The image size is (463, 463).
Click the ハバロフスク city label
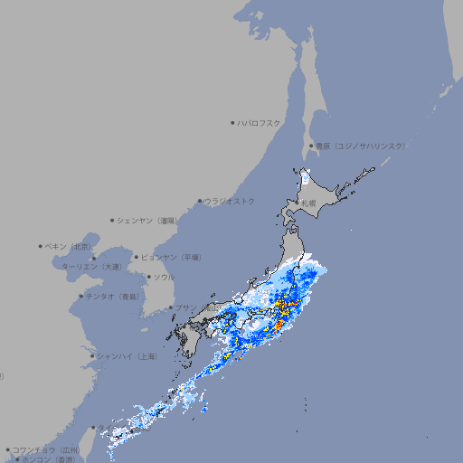point(260,122)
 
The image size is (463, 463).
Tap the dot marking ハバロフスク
point(232,122)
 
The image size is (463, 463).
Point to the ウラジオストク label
point(230,201)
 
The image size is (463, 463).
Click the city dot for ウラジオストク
point(200,202)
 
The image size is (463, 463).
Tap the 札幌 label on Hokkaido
point(308,203)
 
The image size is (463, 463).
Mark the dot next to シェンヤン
point(112,220)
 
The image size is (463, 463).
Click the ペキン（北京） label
point(70,246)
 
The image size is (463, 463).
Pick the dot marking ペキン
point(41,246)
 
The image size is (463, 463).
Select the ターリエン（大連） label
point(91,267)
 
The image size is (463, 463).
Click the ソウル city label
point(164,277)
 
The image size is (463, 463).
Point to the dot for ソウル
point(147,278)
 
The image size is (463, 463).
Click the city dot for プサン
point(170,308)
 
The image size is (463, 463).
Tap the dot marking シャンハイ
point(92,356)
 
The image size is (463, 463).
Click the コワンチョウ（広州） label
point(45,449)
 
